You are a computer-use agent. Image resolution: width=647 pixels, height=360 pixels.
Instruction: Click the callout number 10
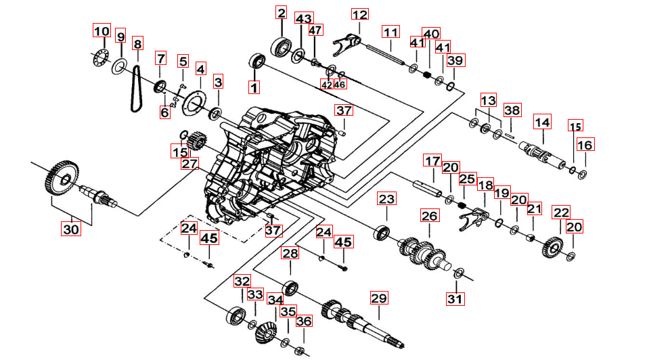(101, 31)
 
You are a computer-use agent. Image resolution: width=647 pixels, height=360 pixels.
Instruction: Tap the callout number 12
(359, 15)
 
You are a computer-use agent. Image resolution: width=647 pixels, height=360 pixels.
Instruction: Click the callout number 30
(71, 229)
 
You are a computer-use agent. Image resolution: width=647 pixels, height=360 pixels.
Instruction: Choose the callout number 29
(378, 298)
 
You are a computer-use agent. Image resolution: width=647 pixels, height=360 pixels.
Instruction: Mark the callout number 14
(542, 122)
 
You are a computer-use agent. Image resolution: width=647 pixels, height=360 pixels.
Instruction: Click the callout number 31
(455, 298)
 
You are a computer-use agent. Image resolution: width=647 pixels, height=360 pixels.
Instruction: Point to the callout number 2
(281, 12)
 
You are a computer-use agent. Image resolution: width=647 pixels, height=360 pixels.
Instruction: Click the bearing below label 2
(281, 48)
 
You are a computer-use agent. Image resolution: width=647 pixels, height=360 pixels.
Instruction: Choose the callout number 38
(512, 110)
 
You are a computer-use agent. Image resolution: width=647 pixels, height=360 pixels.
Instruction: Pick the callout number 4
(200, 68)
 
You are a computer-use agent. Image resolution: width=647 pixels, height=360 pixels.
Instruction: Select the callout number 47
(315, 30)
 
